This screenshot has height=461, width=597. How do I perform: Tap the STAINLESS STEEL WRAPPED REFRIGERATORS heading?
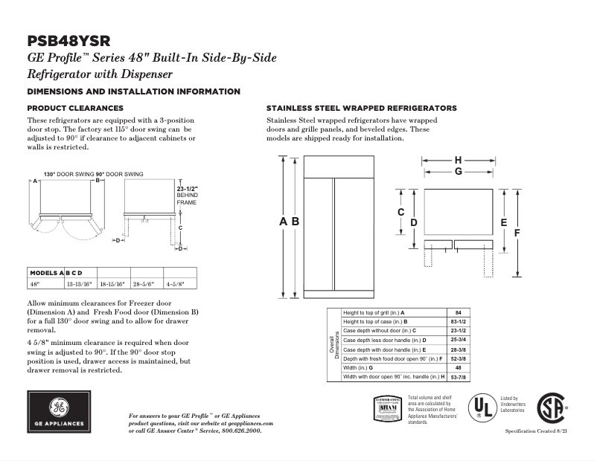tap(361, 108)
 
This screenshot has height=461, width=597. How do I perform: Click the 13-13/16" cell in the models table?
tap(79, 284)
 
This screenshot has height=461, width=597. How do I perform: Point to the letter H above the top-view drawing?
tap(458, 160)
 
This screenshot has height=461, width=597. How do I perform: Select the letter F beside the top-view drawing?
tap(516, 233)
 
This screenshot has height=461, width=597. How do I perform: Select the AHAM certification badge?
tap(387, 408)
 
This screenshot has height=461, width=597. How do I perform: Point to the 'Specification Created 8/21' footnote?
tap(541, 431)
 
